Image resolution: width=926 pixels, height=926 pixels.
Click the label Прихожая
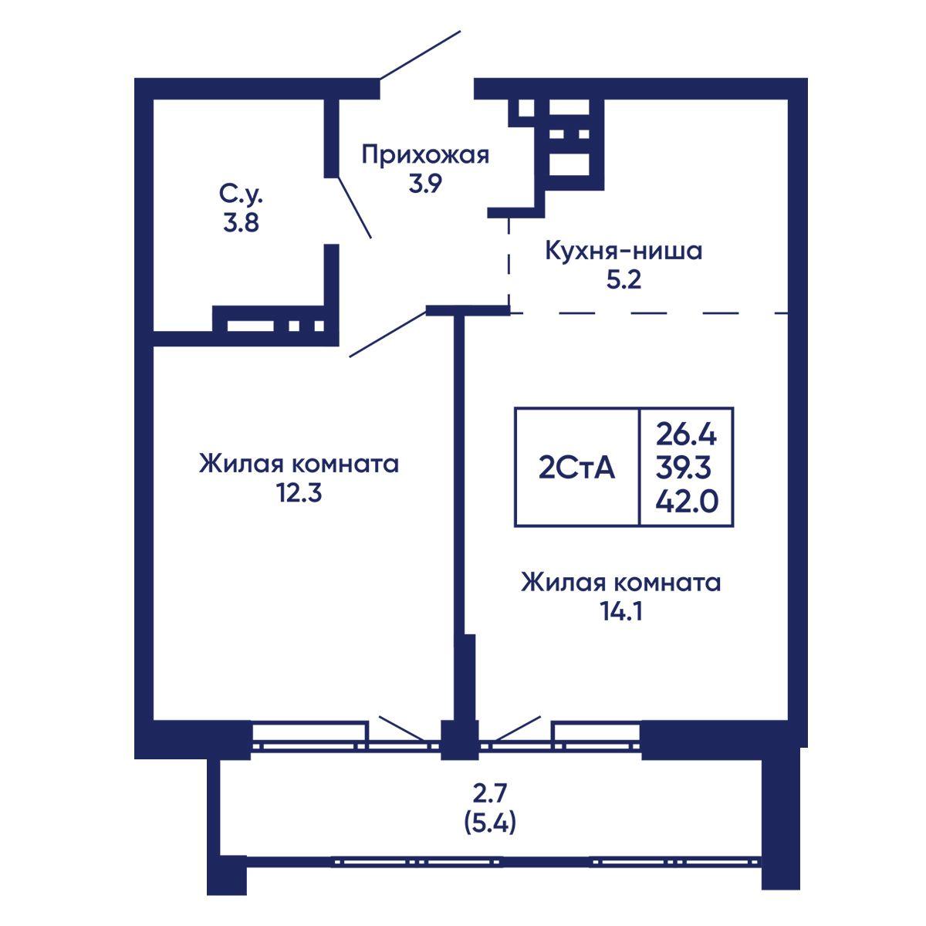coord(425,155)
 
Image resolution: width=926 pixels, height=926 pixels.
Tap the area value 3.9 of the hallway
coord(425,184)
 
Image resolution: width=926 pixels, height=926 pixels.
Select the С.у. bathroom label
coord(241,194)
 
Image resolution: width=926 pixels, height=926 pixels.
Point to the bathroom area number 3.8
coord(241,223)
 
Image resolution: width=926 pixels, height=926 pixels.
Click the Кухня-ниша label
coord(624,251)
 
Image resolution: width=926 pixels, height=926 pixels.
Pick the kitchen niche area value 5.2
coord(624,279)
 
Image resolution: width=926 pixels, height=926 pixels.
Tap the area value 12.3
coord(299,492)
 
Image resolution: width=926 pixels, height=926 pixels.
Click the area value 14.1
coord(621,611)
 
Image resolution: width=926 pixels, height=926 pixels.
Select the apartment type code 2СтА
coord(576,468)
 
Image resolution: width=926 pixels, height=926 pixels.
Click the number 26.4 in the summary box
coord(687,436)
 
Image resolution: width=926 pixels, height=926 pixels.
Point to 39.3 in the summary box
coord(684,468)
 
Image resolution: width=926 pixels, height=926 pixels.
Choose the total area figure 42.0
coord(688,502)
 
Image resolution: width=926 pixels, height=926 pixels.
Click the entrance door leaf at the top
coord(420,55)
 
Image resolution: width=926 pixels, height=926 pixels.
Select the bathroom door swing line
coord(355,208)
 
